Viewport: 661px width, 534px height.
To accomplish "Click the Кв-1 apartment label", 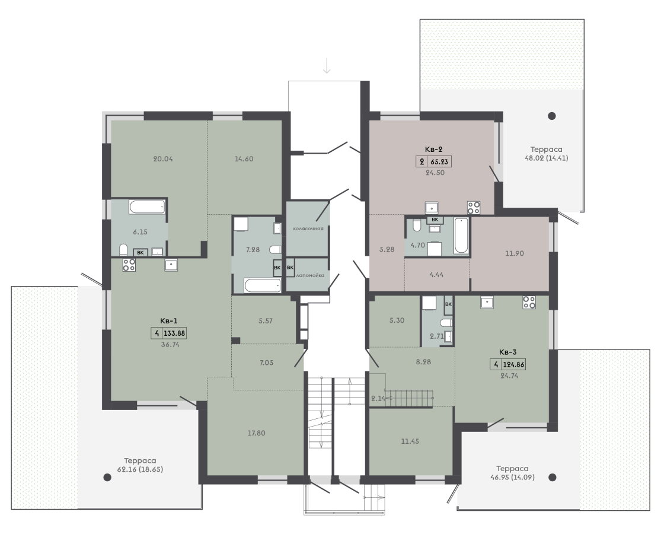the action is coord(168,321).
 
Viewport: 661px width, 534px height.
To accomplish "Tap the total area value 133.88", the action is coord(174,333).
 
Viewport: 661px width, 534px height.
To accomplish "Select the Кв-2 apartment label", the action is coord(433,150).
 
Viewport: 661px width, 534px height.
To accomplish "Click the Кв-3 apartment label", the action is coord(507,352).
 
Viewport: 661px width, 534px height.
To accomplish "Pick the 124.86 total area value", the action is coord(515,364).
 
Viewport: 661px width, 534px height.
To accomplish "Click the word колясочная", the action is coord(308,228).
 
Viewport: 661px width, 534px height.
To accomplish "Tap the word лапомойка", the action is coord(311,275).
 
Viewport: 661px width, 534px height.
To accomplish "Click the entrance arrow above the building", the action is coord(327,65).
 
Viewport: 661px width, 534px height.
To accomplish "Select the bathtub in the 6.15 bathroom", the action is coord(147,206).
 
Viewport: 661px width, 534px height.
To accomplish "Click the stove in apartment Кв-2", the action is coord(474,208).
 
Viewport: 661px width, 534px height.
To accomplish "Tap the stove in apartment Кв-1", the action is coord(129,265).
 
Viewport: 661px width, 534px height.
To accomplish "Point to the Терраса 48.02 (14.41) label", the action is coord(547,154).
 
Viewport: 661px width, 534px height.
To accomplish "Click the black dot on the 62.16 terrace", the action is coord(107,478).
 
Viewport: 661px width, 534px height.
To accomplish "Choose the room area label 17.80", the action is coord(256,433).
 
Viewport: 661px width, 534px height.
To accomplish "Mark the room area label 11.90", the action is coord(515,253).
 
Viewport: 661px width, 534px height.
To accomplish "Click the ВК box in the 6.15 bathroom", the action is coord(140,253).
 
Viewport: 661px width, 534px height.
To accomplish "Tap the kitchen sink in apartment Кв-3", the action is coord(487,303).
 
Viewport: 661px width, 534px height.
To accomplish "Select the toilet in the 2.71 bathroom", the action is coord(446,323).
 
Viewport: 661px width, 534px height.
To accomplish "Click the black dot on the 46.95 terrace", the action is coord(553,478).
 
